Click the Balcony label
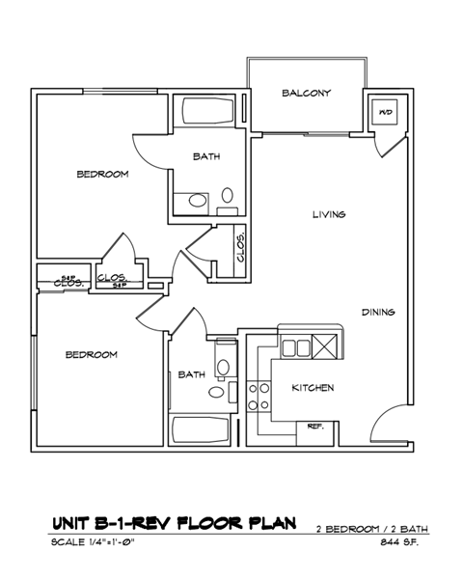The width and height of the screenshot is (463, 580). point(307,93)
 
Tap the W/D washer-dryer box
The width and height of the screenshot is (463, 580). point(386,113)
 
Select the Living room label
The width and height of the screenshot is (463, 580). point(328,214)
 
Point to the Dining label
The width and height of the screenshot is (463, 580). point(378,312)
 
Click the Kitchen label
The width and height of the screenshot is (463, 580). point(313,388)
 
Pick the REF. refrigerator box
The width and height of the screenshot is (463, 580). point(314,426)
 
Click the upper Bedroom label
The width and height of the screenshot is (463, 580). point(102,175)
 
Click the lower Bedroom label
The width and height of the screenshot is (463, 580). point(91,354)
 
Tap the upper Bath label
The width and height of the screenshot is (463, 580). point(205,156)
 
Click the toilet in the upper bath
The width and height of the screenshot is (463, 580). point(197,202)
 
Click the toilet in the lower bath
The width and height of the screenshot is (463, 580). point(223,366)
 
